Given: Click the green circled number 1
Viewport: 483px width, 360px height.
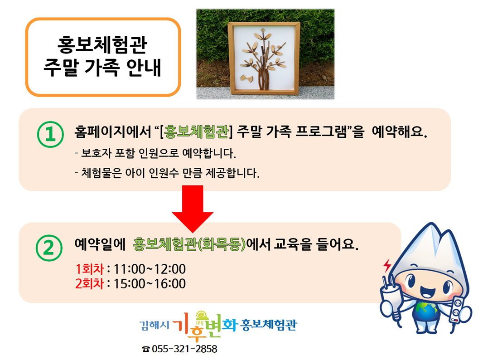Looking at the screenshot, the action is point(50,134).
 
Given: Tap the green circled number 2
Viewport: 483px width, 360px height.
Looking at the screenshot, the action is point(49,248).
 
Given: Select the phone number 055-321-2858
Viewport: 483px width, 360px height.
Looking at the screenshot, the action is point(184,349).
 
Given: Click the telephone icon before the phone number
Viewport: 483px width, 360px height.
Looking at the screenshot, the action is point(146,349).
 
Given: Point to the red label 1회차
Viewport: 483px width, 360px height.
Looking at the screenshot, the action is point(90,269).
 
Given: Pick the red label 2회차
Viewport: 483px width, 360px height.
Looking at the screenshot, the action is point(90,283).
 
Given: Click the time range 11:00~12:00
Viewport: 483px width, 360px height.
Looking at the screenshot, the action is point(150,269).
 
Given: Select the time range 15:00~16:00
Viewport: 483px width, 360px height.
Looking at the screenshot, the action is point(150,283).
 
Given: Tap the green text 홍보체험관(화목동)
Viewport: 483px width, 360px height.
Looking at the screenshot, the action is point(189,244).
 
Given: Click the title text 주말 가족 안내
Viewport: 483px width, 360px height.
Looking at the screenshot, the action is point(102,68).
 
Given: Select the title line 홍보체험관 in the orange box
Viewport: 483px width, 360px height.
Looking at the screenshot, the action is point(102,45).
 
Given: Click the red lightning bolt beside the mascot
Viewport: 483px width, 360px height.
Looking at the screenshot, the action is point(387,265).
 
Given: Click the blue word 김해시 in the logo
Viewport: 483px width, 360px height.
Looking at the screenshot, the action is point(154,325).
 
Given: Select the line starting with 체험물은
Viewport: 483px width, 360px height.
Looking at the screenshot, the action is point(167,173).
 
